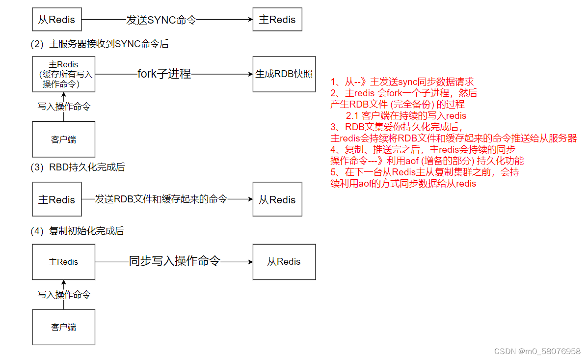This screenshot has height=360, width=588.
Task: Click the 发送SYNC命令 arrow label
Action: pyautogui.click(x=161, y=20)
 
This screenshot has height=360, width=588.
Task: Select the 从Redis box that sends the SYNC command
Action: pyautogui.click(x=56, y=20)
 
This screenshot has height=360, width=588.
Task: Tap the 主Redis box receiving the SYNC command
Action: pyautogui.click(x=277, y=20)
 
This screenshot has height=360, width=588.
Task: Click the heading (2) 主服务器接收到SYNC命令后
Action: pyautogui.click(x=100, y=44)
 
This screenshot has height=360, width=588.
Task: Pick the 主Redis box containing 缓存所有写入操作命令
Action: pyautogui.click(x=63, y=74)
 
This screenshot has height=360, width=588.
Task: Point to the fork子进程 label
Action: pyautogui.click(x=164, y=74)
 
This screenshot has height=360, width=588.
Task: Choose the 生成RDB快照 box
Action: pyautogui.click(x=284, y=74)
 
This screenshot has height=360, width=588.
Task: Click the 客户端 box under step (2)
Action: pyautogui.click(x=63, y=139)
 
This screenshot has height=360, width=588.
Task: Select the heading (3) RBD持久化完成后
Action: pyautogui.click(x=78, y=167)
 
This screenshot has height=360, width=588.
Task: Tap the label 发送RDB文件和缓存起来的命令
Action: pyautogui.click(x=161, y=199)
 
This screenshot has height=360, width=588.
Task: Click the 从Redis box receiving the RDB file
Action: pyautogui.click(x=277, y=199)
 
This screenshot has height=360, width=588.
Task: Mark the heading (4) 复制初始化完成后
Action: pyautogui.click(x=77, y=231)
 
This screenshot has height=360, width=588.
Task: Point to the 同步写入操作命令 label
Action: pyautogui.click(x=174, y=261)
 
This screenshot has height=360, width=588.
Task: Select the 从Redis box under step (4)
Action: pyautogui.click(x=284, y=262)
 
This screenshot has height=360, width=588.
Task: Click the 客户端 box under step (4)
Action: pyautogui.click(x=63, y=327)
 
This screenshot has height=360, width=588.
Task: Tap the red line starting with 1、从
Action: pyautogui.click(x=402, y=82)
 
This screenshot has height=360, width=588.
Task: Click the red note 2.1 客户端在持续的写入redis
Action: pyautogui.click(x=406, y=116)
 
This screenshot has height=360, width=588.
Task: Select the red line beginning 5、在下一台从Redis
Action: pyautogui.click(x=425, y=172)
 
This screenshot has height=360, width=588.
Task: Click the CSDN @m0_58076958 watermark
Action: pyautogui.click(x=537, y=351)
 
